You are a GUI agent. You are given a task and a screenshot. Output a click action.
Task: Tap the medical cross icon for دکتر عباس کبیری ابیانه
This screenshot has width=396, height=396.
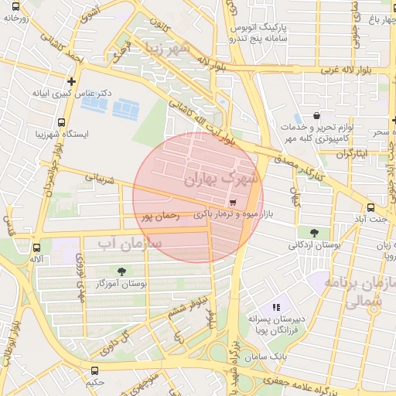71,80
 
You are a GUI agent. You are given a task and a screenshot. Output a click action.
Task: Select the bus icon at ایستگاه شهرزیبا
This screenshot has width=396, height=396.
61,122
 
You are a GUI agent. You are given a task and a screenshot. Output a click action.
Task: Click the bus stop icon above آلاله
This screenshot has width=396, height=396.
37,248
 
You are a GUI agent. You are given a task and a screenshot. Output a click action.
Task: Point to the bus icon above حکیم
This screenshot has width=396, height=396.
94,370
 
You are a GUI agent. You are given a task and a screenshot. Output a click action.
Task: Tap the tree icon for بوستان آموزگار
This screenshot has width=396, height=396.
121,271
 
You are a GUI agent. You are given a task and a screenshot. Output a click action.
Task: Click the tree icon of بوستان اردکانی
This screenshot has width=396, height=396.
313,232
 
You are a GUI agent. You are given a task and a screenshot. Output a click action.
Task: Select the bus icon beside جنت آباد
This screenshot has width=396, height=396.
372,207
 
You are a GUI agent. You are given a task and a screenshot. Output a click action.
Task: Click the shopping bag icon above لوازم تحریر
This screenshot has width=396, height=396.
316,115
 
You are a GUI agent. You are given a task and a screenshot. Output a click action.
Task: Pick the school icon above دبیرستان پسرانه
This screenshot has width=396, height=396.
276,307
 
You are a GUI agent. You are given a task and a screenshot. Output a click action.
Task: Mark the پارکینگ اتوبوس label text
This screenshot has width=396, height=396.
267,27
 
